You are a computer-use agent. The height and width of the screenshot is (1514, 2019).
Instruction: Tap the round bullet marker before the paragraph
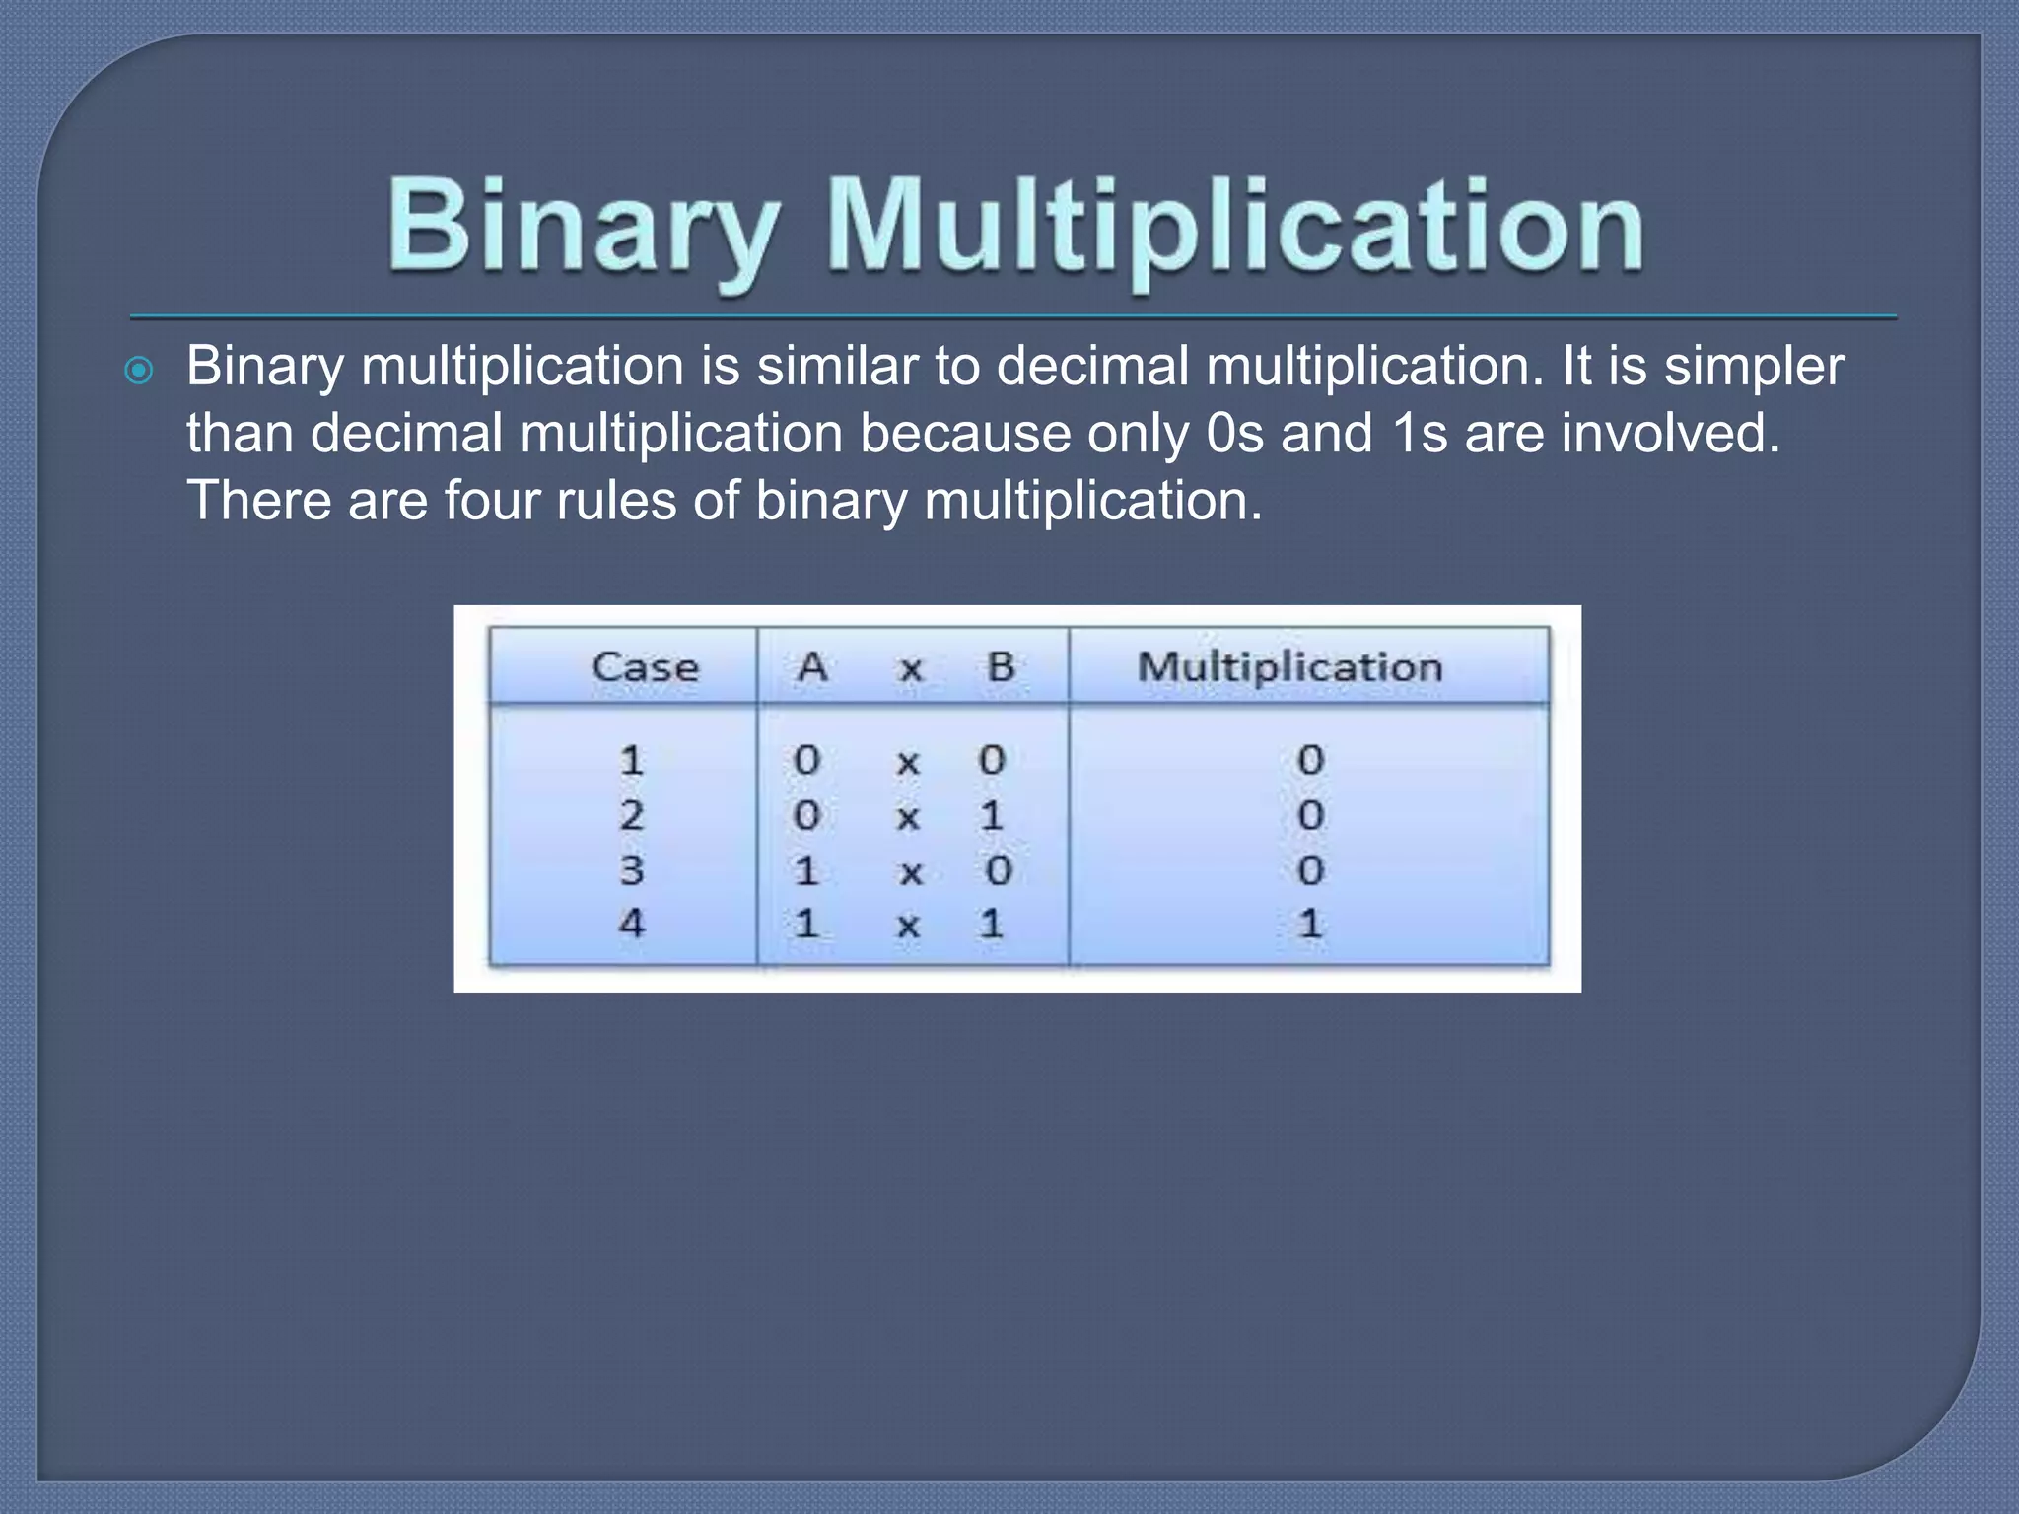pyautogui.click(x=140, y=372)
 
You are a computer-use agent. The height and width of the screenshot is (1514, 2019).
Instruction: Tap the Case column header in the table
pyautogui.click(x=645, y=667)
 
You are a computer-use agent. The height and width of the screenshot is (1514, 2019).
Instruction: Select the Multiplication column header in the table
pyautogui.click(x=1289, y=667)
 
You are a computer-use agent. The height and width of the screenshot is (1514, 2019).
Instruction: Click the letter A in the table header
pyautogui.click(x=811, y=667)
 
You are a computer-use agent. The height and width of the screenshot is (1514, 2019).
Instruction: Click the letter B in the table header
pyautogui.click(x=1001, y=667)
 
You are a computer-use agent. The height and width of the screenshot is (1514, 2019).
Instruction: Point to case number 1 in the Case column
pyautogui.click(x=631, y=760)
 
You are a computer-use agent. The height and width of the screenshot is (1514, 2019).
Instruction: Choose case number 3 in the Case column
pyautogui.click(x=631, y=870)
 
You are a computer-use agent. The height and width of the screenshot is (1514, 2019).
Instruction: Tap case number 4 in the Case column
pyautogui.click(x=631, y=924)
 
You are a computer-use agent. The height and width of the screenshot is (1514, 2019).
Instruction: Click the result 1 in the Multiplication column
pyautogui.click(x=1309, y=924)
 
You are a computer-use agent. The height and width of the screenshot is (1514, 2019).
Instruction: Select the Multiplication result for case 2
pyautogui.click(x=1310, y=815)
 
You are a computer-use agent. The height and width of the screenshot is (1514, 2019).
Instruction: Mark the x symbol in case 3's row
pyautogui.click(x=910, y=872)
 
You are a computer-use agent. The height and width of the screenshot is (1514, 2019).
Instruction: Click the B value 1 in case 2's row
pyautogui.click(x=992, y=815)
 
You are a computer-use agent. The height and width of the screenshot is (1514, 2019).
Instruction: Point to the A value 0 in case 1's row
pyautogui.click(x=806, y=760)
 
